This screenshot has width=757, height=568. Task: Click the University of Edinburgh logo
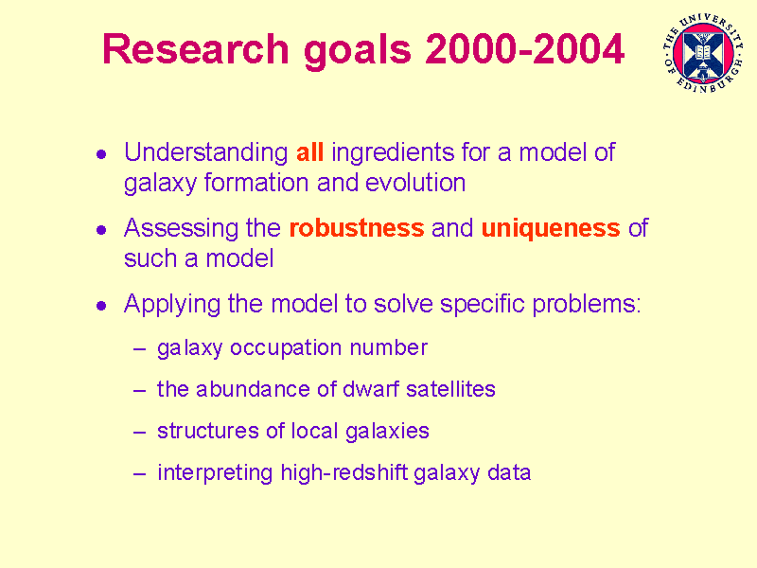coord(703,53)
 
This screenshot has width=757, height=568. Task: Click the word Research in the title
coord(196,49)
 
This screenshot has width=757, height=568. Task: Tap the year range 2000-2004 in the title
coord(525,49)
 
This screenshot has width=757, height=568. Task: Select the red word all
coord(309,152)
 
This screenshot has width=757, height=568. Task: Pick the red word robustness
coord(357,228)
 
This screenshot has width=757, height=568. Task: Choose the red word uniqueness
coord(551,228)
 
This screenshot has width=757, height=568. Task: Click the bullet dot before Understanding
coord(101,154)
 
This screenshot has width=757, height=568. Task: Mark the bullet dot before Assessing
coord(101,230)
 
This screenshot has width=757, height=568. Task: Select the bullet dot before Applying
coord(101,306)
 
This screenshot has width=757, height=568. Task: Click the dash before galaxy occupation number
coord(139,348)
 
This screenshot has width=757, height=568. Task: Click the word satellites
coord(451,389)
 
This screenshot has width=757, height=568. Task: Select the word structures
coord(208,431)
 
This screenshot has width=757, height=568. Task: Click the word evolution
coord(415,184)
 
